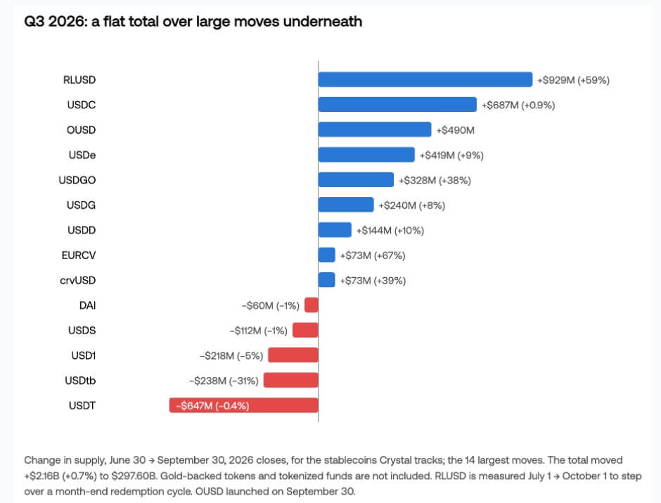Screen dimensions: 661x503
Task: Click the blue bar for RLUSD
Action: point(425,79)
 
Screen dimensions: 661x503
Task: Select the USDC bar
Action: point(397,105)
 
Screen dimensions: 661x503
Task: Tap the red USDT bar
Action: point(244,405)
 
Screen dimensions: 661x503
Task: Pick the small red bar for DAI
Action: point(312,305)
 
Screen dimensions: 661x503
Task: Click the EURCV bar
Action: point(327,255)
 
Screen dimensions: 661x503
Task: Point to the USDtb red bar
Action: point(291,381)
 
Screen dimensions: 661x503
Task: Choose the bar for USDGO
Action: point(356,179)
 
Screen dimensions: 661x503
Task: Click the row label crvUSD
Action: point(77,281)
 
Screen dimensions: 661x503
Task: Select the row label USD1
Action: point(84,355)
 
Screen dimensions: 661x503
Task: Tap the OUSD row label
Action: point(81,130)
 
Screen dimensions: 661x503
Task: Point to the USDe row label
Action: point(82,155)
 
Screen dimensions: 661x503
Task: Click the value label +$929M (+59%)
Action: point(573,80)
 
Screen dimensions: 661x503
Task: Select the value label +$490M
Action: point(455,130)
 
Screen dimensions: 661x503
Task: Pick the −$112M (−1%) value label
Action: point(258,331)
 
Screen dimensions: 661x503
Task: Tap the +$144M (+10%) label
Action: point(390,231)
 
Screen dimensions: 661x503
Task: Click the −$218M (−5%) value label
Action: point(231,356)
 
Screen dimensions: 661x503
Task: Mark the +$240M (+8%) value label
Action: point(412,205)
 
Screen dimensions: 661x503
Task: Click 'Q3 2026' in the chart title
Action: point(56,22)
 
